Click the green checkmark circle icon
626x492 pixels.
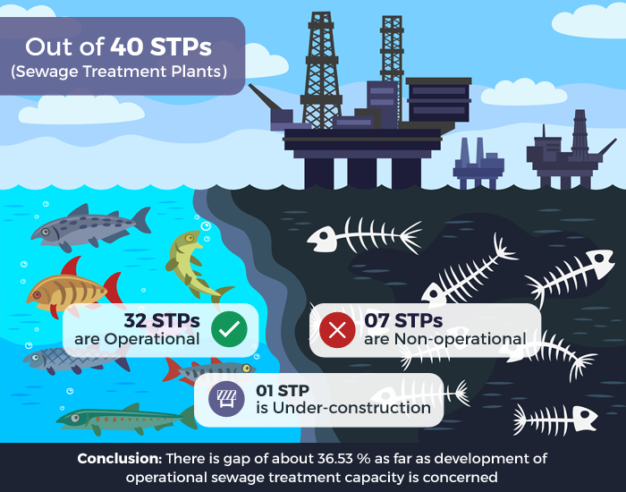[x=229, y=328]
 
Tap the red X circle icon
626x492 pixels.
[x=337, y=330]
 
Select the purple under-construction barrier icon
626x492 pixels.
[x=226, y=399]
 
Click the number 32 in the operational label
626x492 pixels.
[x=135, y=320]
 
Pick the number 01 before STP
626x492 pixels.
[x=265, y=391]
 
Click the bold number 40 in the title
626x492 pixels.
[x=127, y=47]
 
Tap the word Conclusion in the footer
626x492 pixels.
[x=119, y=458]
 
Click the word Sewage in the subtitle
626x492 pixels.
[x=47, y=72]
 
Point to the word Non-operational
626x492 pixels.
[x=461, y=339]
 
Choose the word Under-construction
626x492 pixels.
[x=351, y=408]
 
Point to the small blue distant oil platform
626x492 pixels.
[x=478, y=164]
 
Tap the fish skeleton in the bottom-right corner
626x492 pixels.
[x=555, y=420]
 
